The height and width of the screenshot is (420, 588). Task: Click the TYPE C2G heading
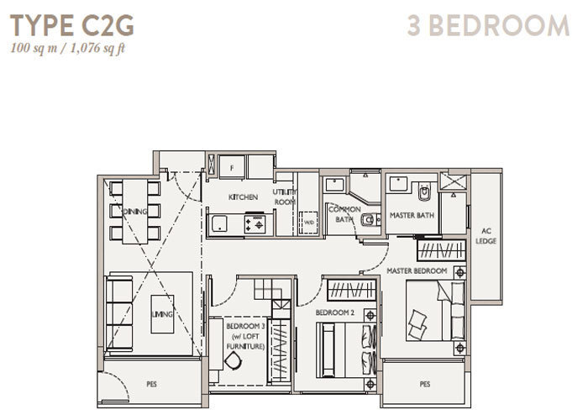click(x=71, y=25)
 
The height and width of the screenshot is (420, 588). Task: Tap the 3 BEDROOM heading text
click(x=488, y=25)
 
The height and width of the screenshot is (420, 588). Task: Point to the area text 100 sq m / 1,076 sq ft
click(x=67, y=49)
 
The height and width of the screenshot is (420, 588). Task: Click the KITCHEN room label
click(x=243, y=197)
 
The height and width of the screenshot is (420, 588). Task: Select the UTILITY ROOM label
click(x=285, y=197)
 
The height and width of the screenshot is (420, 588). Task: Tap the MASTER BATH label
click(x=412, y=215)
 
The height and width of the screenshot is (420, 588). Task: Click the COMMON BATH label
click(x=344, y=214)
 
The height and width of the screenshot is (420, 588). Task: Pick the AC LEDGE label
click(x=486, y=236)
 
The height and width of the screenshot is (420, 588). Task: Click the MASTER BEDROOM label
click(x=417, y=270)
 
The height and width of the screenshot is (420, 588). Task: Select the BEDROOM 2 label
click(x=334, y=312)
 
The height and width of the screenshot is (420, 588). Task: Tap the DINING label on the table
click(x=135, y=212)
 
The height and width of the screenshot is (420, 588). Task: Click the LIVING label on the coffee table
click(x=162, y=314)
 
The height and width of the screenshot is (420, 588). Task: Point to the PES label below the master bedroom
click(x=425, y=384)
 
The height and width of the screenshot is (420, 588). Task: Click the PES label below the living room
click(x=151, y=384)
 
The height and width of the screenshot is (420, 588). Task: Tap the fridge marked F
click(x=232, y=168)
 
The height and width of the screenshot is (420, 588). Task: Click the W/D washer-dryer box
click(x=308, y=223)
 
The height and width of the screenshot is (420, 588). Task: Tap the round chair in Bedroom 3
click(x=234, y=361)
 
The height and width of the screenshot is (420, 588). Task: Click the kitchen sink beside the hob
click(x=219, y=224)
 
